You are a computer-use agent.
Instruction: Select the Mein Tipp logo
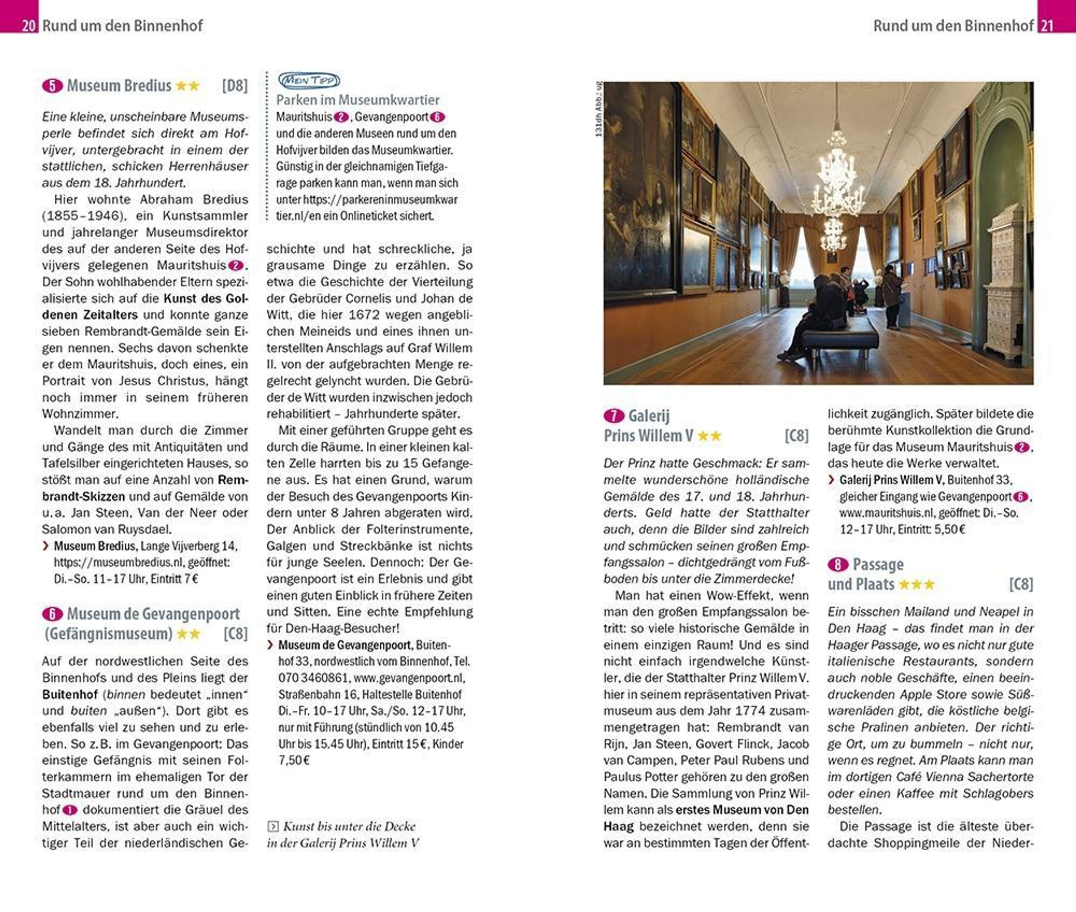309,80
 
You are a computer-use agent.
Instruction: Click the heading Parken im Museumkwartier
357,100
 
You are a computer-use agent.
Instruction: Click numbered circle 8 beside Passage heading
837,565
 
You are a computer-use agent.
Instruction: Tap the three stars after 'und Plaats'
917,585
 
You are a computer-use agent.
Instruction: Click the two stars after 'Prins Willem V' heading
709,436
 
